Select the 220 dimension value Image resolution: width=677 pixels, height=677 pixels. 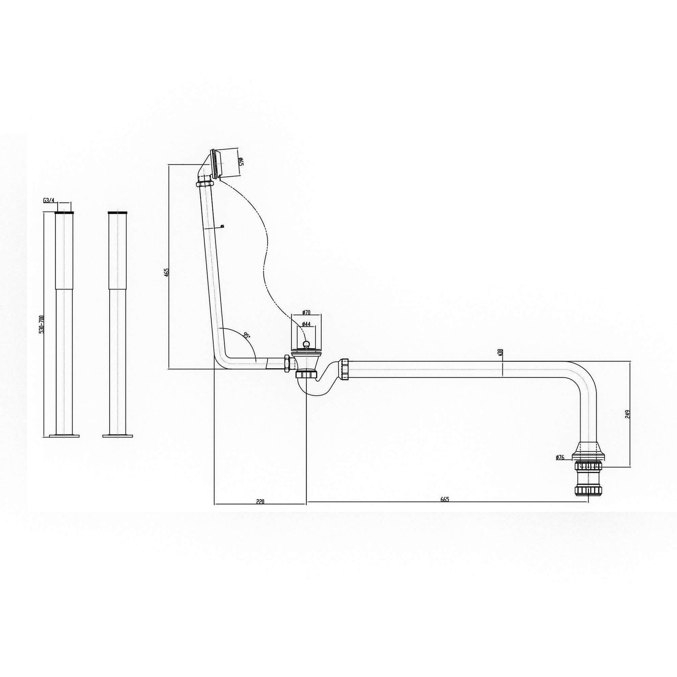[x=260, y=500]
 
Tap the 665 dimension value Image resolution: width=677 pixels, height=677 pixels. [x=445, y=499]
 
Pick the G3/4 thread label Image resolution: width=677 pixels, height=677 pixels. [x=49, y=201]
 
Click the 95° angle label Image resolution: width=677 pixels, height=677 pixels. [x=246, y=335]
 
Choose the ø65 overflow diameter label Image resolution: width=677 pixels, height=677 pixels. [x=240, y=162]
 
